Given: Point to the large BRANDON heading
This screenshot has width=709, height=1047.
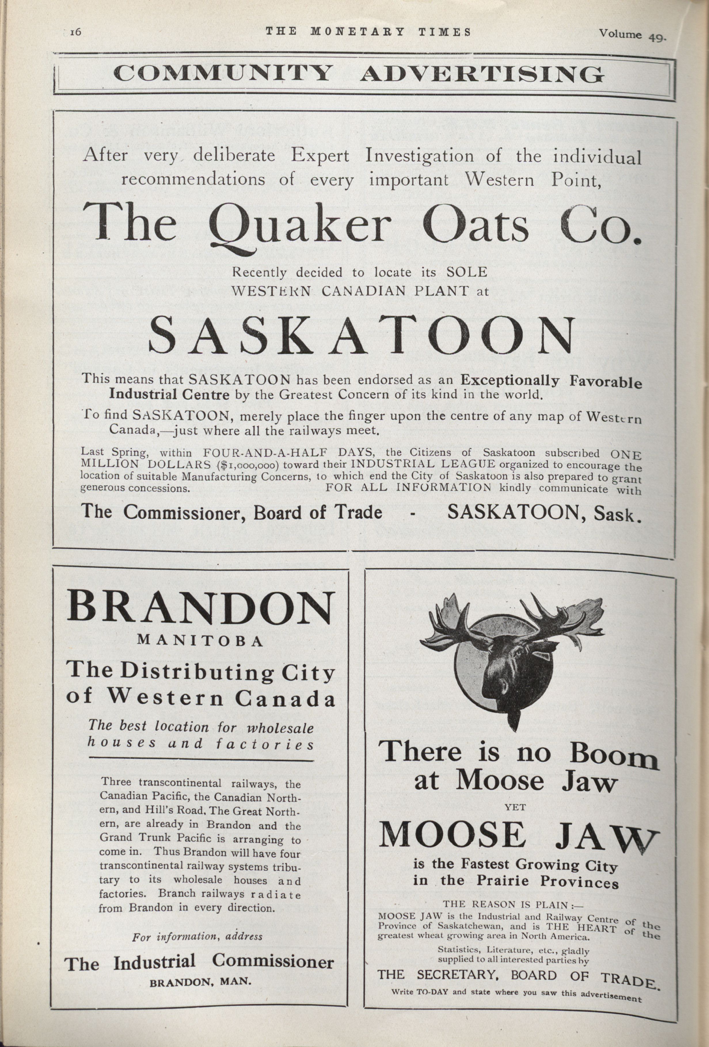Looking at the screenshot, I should tap(201, 608).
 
